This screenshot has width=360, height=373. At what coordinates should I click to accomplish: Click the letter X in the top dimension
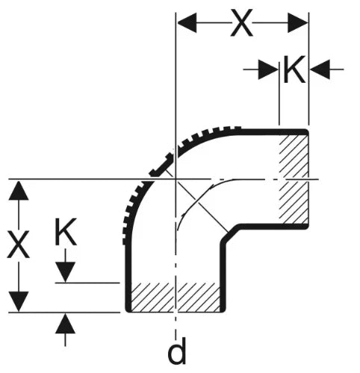click(241, 23)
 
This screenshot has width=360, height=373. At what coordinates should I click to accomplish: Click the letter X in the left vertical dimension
click(18, 244)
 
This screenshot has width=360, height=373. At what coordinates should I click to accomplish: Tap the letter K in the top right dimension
click(294, 69)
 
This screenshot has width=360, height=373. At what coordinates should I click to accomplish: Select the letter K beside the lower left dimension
click(65, 232)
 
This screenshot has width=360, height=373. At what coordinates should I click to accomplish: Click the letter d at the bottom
click(177, 351)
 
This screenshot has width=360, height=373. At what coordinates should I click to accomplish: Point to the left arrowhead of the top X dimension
click(187, 23)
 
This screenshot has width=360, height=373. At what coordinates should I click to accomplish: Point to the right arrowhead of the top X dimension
click(298, 23)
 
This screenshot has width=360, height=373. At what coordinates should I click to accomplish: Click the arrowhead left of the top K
click(268, 69)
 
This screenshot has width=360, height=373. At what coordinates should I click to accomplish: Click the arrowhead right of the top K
click(320, 69)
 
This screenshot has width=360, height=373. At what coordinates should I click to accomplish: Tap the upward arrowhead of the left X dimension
click(19, 190)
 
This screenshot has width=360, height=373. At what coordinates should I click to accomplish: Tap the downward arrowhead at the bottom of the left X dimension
click(19, 301)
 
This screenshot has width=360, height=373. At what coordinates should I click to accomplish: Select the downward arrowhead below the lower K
click(65, 272)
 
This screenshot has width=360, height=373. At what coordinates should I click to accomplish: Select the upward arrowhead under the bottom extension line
click(65, 324)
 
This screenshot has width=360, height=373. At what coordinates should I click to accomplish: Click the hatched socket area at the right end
click(294, 179)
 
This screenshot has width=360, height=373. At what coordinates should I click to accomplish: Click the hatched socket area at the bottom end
click(176, 297)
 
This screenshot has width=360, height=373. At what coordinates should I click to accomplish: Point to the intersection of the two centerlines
click(176, 179)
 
